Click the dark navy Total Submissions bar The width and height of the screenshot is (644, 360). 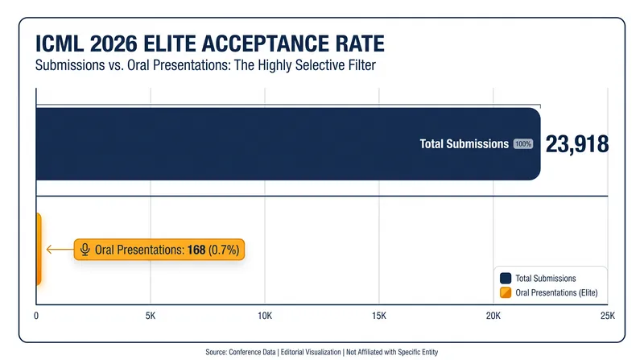(x=288, y=144)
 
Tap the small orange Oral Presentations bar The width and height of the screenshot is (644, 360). (x=39, y=249)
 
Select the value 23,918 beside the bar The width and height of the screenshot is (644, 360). (x=577, y=144)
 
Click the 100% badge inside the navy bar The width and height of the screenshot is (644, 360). (x=523, y=144)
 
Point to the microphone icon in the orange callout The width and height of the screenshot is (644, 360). (x=85, y=250)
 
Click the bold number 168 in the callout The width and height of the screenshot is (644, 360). (x=196, y=250)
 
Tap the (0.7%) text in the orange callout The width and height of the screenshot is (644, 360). (x=224, y=250)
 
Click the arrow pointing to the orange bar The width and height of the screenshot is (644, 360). (x=60, y=249)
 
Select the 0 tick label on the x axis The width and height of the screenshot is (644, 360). (x=36, y=316)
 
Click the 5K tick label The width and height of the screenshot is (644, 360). (x=151, y=316)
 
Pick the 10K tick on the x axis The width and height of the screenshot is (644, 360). (x=265, y=316)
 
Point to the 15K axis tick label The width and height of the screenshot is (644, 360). (x=379, y=316)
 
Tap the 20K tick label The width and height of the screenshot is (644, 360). (x=493, y=316)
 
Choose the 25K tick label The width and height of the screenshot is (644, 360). (x=608, y=316)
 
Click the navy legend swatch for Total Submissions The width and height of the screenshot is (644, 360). (x=506, y=278)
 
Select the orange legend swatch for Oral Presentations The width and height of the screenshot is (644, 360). (x=506, y=292)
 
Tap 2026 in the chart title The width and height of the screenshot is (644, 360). (x=114, y=43)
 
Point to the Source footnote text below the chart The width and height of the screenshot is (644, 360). (x=322, y=352)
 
